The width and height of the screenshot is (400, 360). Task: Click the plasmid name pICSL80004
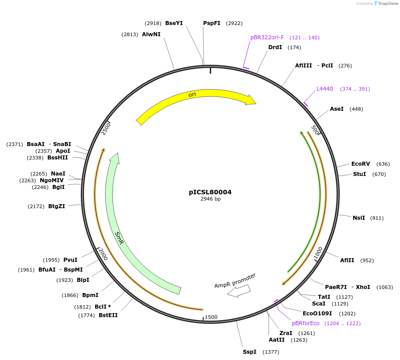tap(210, 192)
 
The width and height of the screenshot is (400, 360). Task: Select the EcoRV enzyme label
tap(360, 164)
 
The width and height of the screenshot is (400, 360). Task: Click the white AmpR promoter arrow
tap(238, 291)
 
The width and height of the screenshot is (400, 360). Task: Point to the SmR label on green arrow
tap(119, 238)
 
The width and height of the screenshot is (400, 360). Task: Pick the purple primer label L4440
tap(325, 89)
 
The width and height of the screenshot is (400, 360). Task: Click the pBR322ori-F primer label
tap(267, 38)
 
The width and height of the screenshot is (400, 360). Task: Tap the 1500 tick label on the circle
tap(211, 317)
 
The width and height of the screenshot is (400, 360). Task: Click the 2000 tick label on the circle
tap(103, 255)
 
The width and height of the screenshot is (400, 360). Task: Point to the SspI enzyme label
tap(250, 352)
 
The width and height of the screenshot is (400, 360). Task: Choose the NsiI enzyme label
tap(359, 218)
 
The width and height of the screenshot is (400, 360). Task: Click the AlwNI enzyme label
tap(151, 34)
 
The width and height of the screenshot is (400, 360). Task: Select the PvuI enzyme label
tap(71, 260)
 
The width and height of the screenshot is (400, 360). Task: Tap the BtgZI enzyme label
tap(57, 206)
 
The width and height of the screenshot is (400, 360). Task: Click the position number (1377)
tap(271, 352)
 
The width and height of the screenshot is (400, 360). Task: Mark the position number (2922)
tap(234, 23)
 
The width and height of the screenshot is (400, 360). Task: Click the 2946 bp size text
tap(210, 199)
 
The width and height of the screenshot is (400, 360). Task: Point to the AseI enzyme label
tap(337, 109)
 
